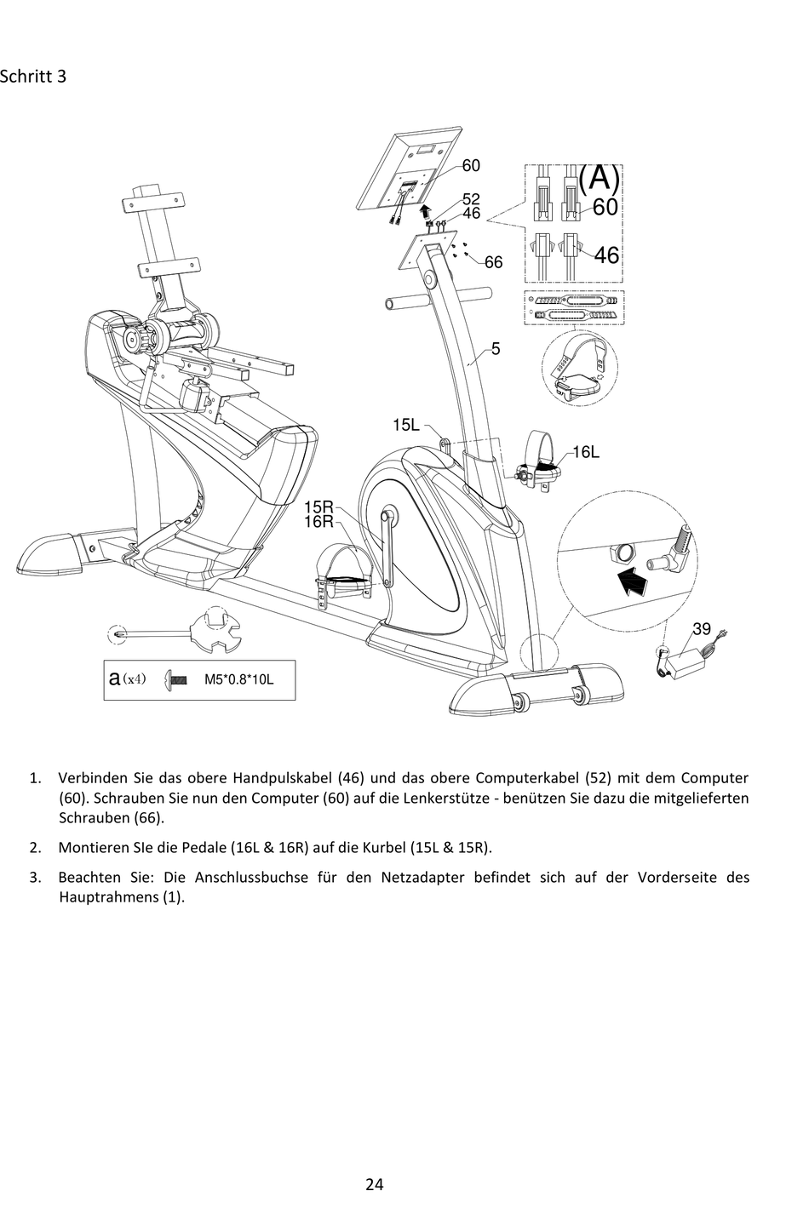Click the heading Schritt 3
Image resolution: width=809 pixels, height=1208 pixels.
click(x=33, y=77)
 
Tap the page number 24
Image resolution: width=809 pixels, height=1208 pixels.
click(x=375, y=1183)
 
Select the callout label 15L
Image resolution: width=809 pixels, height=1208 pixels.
click(x=406, y=425)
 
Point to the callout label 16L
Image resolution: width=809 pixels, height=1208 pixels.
click(x=585, y=452)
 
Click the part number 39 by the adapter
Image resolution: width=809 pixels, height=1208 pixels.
click(x=701, y=629)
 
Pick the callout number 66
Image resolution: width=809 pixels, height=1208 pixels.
click(x=493, y=262)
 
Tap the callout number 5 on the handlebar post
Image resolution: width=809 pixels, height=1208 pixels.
click(x=496, y=349)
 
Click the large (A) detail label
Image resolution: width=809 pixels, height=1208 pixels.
click(x=599, y=178)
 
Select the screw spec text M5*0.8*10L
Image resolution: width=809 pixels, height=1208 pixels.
click(x=238, y=680)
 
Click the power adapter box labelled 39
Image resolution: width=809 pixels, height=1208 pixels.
click(x=691, y=663)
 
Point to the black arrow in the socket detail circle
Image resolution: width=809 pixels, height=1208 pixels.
click(x=628, y=584)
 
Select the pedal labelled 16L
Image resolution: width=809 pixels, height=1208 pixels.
click(x=542, y=461)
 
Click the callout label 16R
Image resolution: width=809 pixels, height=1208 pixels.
click(x=318, y=522)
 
